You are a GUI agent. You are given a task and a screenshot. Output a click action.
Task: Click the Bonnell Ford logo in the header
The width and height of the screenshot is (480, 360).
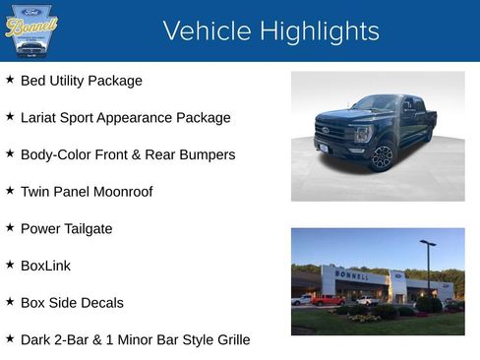click(31, 30)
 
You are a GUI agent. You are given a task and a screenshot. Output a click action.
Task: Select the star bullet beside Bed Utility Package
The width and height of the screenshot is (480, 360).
click(10, 80)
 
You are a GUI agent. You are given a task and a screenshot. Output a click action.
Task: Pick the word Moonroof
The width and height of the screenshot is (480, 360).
click(121, 192)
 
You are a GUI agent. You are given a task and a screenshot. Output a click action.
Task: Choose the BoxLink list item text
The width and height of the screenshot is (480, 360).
click(45, 266)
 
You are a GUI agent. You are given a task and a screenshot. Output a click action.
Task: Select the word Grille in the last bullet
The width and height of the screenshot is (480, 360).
click(229, 340)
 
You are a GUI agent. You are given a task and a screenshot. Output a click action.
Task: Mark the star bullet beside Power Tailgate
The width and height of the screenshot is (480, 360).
click(10, 228)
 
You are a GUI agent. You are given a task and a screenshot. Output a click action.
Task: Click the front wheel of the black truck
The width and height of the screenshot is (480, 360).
click(383, 156)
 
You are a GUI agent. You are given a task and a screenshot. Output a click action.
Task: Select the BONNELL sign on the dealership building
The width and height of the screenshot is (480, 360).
click(352, 275)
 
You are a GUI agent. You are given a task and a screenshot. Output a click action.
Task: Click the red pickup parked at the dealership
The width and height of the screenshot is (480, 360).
click(328, 300)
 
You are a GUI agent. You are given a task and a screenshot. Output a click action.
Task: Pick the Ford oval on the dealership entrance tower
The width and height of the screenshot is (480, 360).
click(398, 275)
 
